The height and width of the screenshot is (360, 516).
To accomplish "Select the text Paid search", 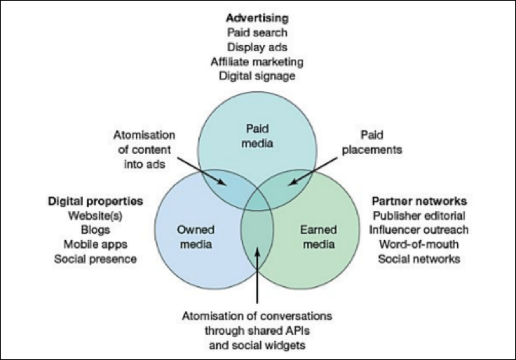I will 257,33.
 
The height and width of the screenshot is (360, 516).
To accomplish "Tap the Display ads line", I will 257,47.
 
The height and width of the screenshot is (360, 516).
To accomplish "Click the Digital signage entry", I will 257,75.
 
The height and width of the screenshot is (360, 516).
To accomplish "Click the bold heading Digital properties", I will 96,201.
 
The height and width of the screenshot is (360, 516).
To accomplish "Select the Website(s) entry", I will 96,215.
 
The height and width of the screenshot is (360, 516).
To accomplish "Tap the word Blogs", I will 96,230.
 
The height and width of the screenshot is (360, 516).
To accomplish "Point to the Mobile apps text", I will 96,244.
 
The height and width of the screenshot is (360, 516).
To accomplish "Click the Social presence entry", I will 96,258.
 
